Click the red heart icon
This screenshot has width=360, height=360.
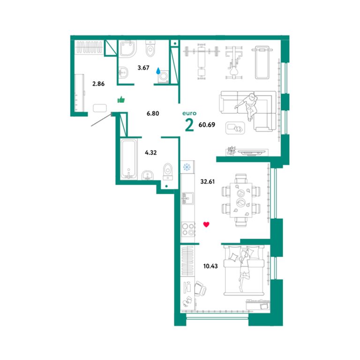[206, 225]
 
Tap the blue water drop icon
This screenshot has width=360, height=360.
[158, 71]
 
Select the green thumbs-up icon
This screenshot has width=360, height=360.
[121, 99]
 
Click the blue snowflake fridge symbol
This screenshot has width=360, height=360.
[187, 167]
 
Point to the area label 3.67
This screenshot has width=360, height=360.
[143, 67]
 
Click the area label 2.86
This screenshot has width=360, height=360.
[98, 84]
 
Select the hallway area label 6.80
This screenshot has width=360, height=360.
[153, 113]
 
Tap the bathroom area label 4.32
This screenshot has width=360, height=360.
[150, 152]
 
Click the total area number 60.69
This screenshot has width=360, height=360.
[207, 125]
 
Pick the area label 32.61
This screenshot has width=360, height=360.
[207, 181]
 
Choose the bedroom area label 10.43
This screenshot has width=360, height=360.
[210, 266]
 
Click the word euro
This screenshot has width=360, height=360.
[189, 113]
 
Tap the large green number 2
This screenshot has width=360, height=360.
[189, 125]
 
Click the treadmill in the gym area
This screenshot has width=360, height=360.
[262, 62]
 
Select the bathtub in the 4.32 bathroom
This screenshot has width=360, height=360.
[128, 159]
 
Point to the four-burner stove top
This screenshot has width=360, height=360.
[188, 229]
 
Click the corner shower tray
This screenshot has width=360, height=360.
[127, 49]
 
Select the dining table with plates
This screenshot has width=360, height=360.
[241, 200]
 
